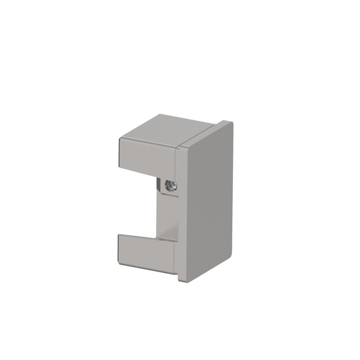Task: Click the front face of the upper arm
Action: [x=146, y=154]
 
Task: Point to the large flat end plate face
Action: [x=208, y=202]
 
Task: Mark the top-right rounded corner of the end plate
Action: [x=230, y=124]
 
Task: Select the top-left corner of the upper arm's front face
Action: [x=120, y=138]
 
